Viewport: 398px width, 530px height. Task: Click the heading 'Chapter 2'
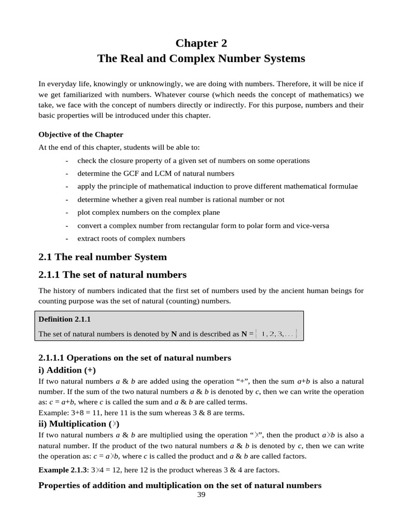[x=201, y=42]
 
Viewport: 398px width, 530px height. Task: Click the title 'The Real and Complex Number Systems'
[x=201, y=58]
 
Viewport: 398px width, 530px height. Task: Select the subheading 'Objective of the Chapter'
[x=81, y=135]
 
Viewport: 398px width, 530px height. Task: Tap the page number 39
[x=202, y=495]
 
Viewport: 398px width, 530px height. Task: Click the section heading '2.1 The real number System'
[x=103, y=257]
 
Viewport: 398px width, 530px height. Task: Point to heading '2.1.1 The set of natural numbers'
[x=112, y=274]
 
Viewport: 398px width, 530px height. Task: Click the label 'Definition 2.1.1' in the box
[x=65, y=319]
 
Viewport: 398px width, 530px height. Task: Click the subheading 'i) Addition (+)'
[x=67, y=370]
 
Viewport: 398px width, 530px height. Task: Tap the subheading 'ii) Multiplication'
[x=79, y=424]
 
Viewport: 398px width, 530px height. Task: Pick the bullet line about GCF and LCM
[x=155, y=173]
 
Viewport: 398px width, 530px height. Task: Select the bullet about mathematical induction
[x=217, y=186]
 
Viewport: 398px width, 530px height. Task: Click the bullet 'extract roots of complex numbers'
[x=131, y=239]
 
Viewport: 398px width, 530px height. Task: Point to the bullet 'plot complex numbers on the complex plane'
[x=148, y=212]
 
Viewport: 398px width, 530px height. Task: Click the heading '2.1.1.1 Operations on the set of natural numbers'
[x=135, y=358]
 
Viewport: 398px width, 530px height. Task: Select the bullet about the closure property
[x=193, y=160]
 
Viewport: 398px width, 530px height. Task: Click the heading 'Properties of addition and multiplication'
[x=180, y=485]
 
